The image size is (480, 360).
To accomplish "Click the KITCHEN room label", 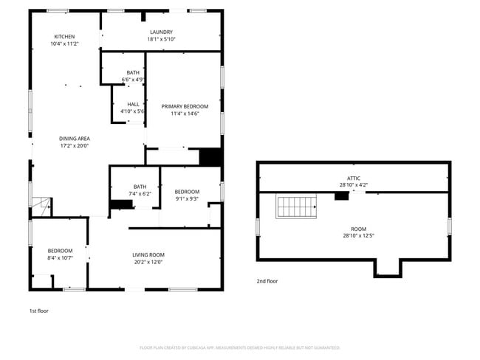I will point(64,37).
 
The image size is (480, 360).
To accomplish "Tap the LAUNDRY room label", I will point(161,32).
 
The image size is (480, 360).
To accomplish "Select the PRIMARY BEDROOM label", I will point(185,106).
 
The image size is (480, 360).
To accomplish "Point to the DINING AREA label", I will point(75,138).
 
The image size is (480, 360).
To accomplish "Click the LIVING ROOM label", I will point(148,255).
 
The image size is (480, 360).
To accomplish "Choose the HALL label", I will point(133,104).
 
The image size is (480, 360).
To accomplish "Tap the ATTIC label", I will point(354,178).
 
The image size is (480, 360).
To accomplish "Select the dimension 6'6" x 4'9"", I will point(133,79).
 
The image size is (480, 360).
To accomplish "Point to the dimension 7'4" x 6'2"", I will point(140,194).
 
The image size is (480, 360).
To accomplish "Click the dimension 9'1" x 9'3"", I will point(187,198).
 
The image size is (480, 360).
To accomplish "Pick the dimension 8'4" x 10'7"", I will point(60,257).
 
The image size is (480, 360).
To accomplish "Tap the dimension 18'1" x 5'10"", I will point(161,39).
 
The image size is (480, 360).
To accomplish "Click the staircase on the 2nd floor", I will point(296,207).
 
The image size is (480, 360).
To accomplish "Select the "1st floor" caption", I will point(38,311).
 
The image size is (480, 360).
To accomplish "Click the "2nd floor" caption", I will point(267,281).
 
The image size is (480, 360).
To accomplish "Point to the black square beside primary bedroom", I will point(210,157).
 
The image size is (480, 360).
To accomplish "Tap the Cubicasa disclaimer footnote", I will point(240,347).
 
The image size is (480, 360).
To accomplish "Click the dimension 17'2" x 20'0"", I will point(75,145).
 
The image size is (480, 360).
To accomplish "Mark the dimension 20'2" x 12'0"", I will point(148,262).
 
